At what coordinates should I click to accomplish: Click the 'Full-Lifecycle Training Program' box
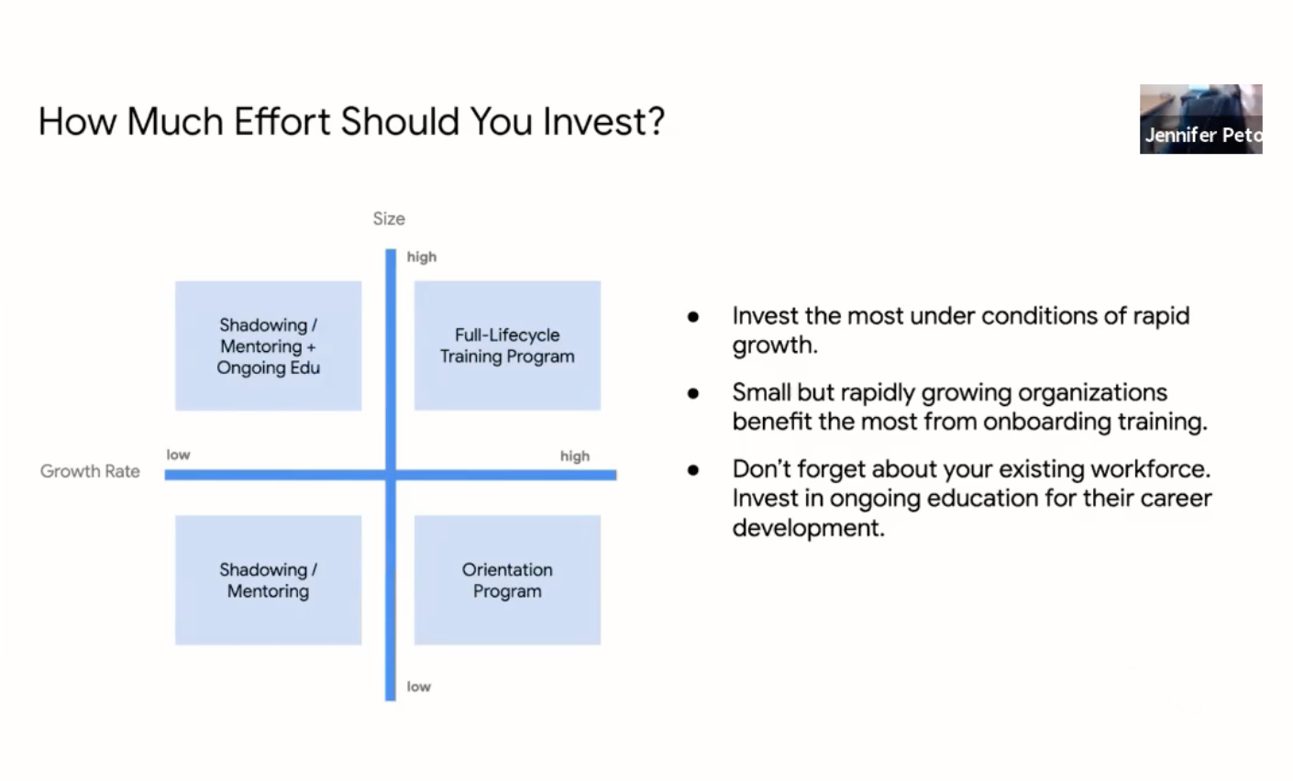(x=507, y=346)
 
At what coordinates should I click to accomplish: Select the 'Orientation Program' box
(x=507, y=579)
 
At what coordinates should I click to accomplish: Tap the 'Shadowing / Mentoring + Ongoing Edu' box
(x=269, y=346)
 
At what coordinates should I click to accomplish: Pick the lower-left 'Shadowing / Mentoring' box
(x=269, y=579)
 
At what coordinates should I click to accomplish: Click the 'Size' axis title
(x=389, y=218)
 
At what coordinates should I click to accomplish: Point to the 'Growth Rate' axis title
(x=90, y=471)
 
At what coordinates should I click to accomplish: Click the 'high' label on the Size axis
(x=422, y=258)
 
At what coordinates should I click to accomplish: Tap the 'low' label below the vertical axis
(x=418, y=687)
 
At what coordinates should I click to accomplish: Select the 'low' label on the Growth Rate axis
(x=179, y=455)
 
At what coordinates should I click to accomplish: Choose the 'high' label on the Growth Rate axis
(x=575, y=456)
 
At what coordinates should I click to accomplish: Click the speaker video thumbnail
(x=1200, y=119)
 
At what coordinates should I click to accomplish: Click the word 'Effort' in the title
(x=282, y=122)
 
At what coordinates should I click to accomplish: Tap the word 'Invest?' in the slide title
(x=603, y=122)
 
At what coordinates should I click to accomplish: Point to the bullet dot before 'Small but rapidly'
(x=693, y=393)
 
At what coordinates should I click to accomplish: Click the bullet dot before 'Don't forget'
(x=693, y=470)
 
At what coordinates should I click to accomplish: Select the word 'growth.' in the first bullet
(x=775, y=345)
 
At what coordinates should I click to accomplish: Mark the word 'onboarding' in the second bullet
(x=1047, y=422)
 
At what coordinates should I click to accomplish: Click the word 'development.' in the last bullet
(x=808, y=527)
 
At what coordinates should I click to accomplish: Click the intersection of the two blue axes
(x=391, y=475)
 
